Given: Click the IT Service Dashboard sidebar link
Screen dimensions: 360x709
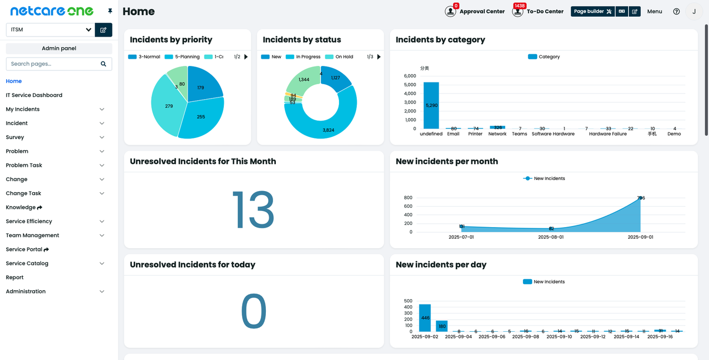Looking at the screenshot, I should coord(34,95).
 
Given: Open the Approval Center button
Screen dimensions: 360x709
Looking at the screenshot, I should coord(475,11).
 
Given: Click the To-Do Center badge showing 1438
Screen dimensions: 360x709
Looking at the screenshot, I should coord(519,6).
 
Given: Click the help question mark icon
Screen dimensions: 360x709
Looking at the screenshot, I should coord(676,11).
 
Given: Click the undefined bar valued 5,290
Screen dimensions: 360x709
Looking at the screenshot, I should coord(431,105).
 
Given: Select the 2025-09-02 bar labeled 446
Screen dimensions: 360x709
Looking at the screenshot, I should coord(425,317).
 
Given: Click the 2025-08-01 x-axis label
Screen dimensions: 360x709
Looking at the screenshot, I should coord(551,237).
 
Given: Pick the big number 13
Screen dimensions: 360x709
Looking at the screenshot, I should coord(253,209).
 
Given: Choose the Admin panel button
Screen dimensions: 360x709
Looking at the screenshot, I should coord(59,49).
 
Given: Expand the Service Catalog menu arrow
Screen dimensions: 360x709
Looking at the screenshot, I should coord(102,264).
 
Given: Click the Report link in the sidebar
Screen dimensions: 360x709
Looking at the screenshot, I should coord(15,277).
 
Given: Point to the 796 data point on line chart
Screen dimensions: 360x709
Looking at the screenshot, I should coord(640,198).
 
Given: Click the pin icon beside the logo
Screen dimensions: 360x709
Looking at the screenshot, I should coord(110,11).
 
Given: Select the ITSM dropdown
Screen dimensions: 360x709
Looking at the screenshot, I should coord(50,30).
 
